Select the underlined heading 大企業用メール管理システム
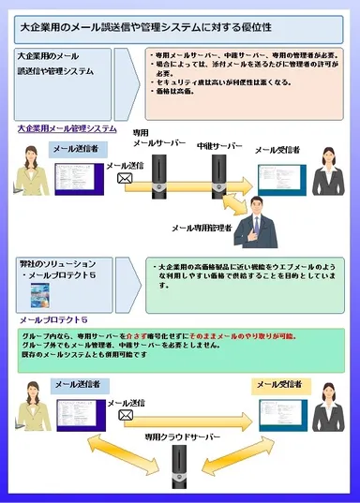tap(67, 128)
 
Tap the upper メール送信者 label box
tap(74, 148)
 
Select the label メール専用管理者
tap(201, 228)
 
